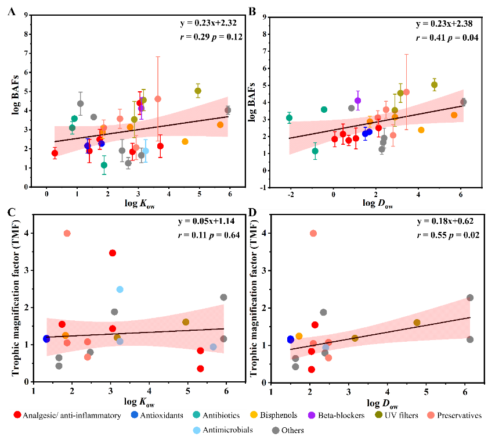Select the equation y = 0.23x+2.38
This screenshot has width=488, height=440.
pos(444,24)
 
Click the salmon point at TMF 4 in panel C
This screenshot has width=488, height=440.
pos(67,233)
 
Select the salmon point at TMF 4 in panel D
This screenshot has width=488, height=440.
pos(313,233)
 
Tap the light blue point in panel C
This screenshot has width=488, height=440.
pos(120,289)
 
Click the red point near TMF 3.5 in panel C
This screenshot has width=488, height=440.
pos(113,253)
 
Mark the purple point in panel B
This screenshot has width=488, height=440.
pos(358,101)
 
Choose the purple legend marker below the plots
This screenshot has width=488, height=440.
pos(312,415)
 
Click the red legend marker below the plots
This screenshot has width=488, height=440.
pos(17,415)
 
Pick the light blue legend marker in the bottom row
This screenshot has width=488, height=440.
pos(197,431)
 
